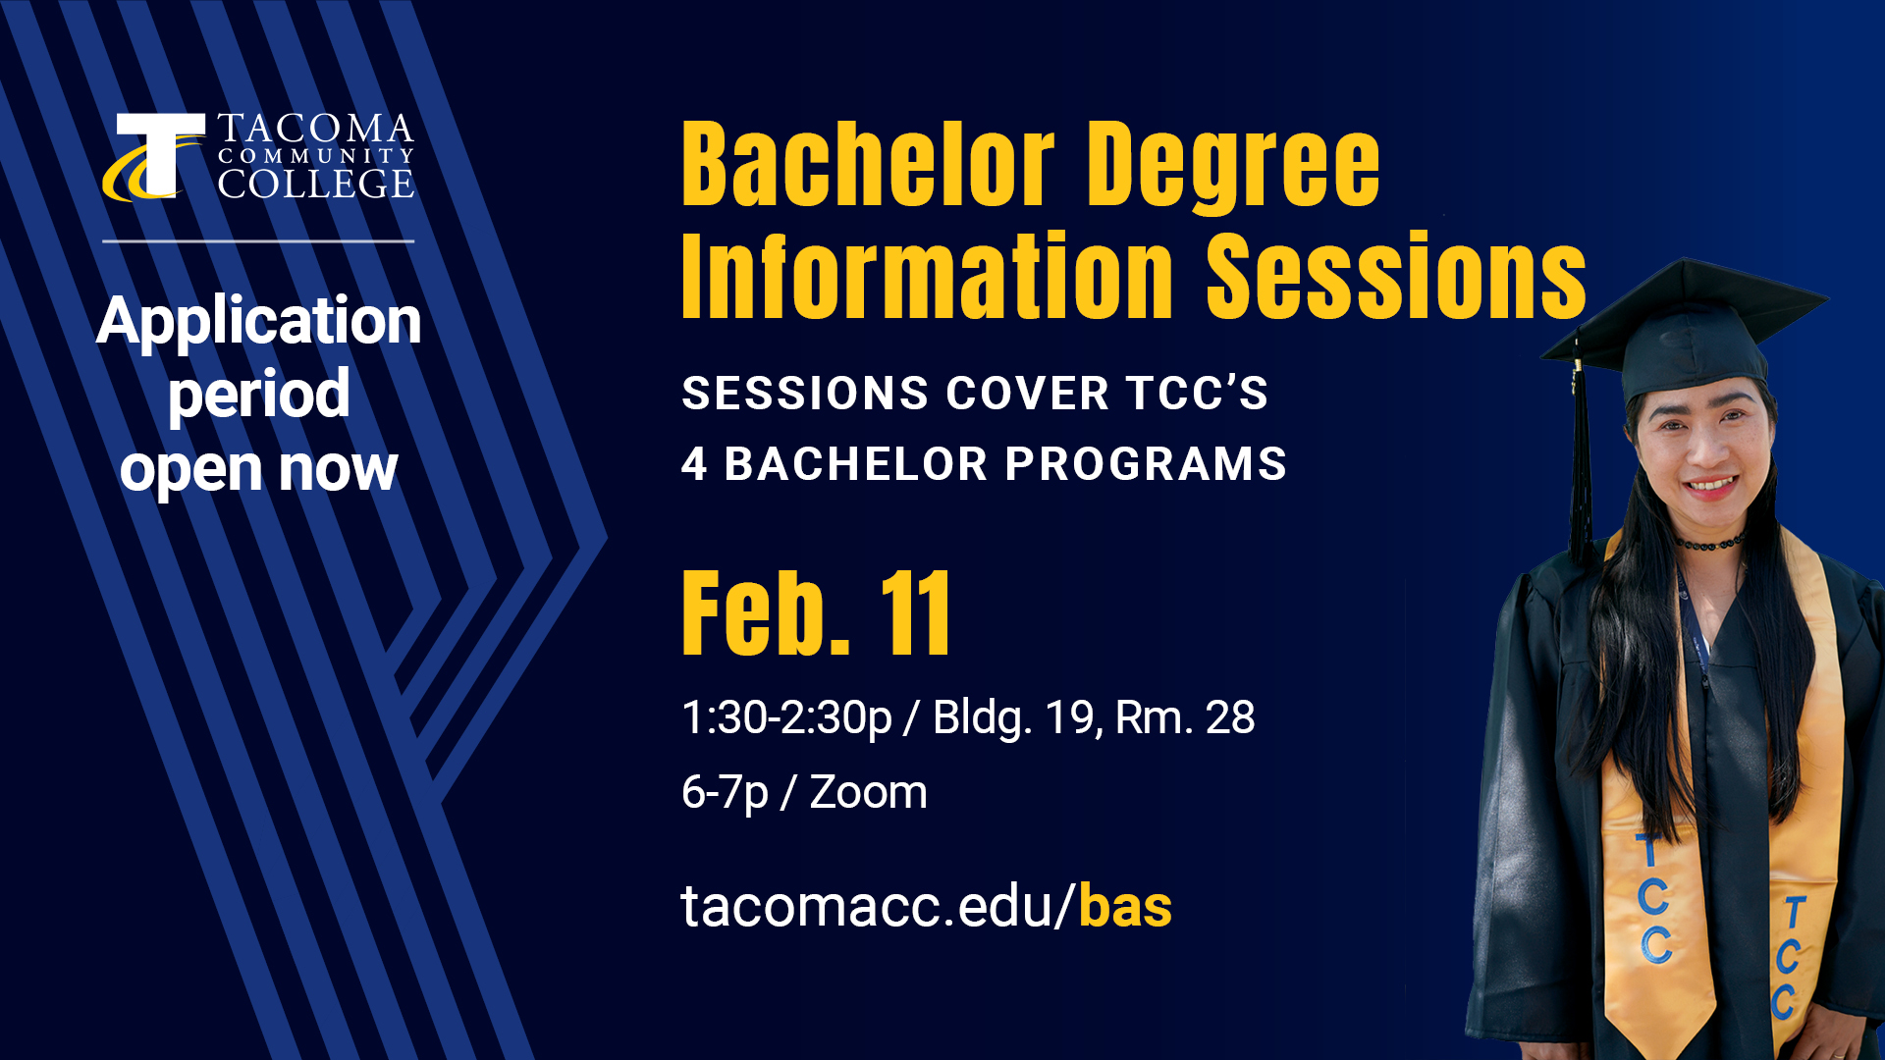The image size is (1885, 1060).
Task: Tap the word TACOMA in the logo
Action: (x=315, y=129)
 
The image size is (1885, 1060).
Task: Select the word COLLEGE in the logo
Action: (x=315, y=184)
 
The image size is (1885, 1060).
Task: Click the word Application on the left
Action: (x=259, y=321)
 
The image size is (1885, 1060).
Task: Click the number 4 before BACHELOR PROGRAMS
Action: (x=694, y=464)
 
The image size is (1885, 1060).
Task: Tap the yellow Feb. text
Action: (x=766, y=614)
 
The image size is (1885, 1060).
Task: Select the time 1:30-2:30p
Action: (x=786, y=717)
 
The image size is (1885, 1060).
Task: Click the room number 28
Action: (x=1230, y=717)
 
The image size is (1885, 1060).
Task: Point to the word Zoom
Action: (x=868, y=792)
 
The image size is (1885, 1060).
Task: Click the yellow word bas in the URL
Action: (x=1125, y=906)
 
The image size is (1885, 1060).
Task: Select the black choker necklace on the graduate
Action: (x=1709, y=543)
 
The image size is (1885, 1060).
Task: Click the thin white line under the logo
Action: (x=258, y=240)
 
